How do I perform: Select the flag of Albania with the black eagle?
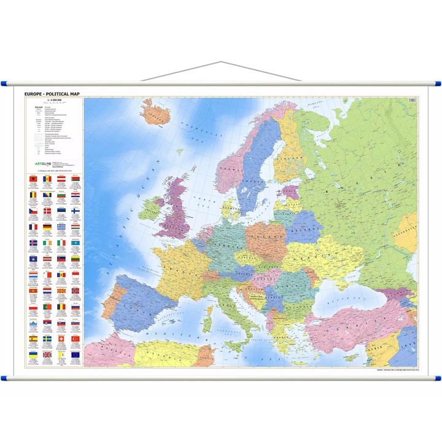33,179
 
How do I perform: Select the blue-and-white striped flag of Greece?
61,227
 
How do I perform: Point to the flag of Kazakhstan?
76,243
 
